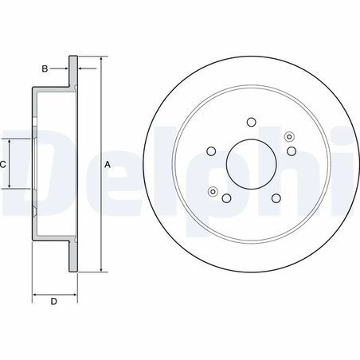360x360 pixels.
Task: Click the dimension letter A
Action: coord(108,164)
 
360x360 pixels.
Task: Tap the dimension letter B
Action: coord(45,69)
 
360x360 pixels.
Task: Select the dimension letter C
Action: coord(3,164)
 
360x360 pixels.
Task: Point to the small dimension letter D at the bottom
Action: coord(53,301)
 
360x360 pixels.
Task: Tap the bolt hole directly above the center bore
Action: coord(252,122)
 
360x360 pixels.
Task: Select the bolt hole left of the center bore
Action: coord(212,151)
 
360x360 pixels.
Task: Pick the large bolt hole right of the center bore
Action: coord(292,151)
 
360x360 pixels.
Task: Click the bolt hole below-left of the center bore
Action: coord(227,198)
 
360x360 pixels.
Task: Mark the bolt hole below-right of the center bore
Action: coord(276,198)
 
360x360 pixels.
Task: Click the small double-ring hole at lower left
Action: coord(213,191)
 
